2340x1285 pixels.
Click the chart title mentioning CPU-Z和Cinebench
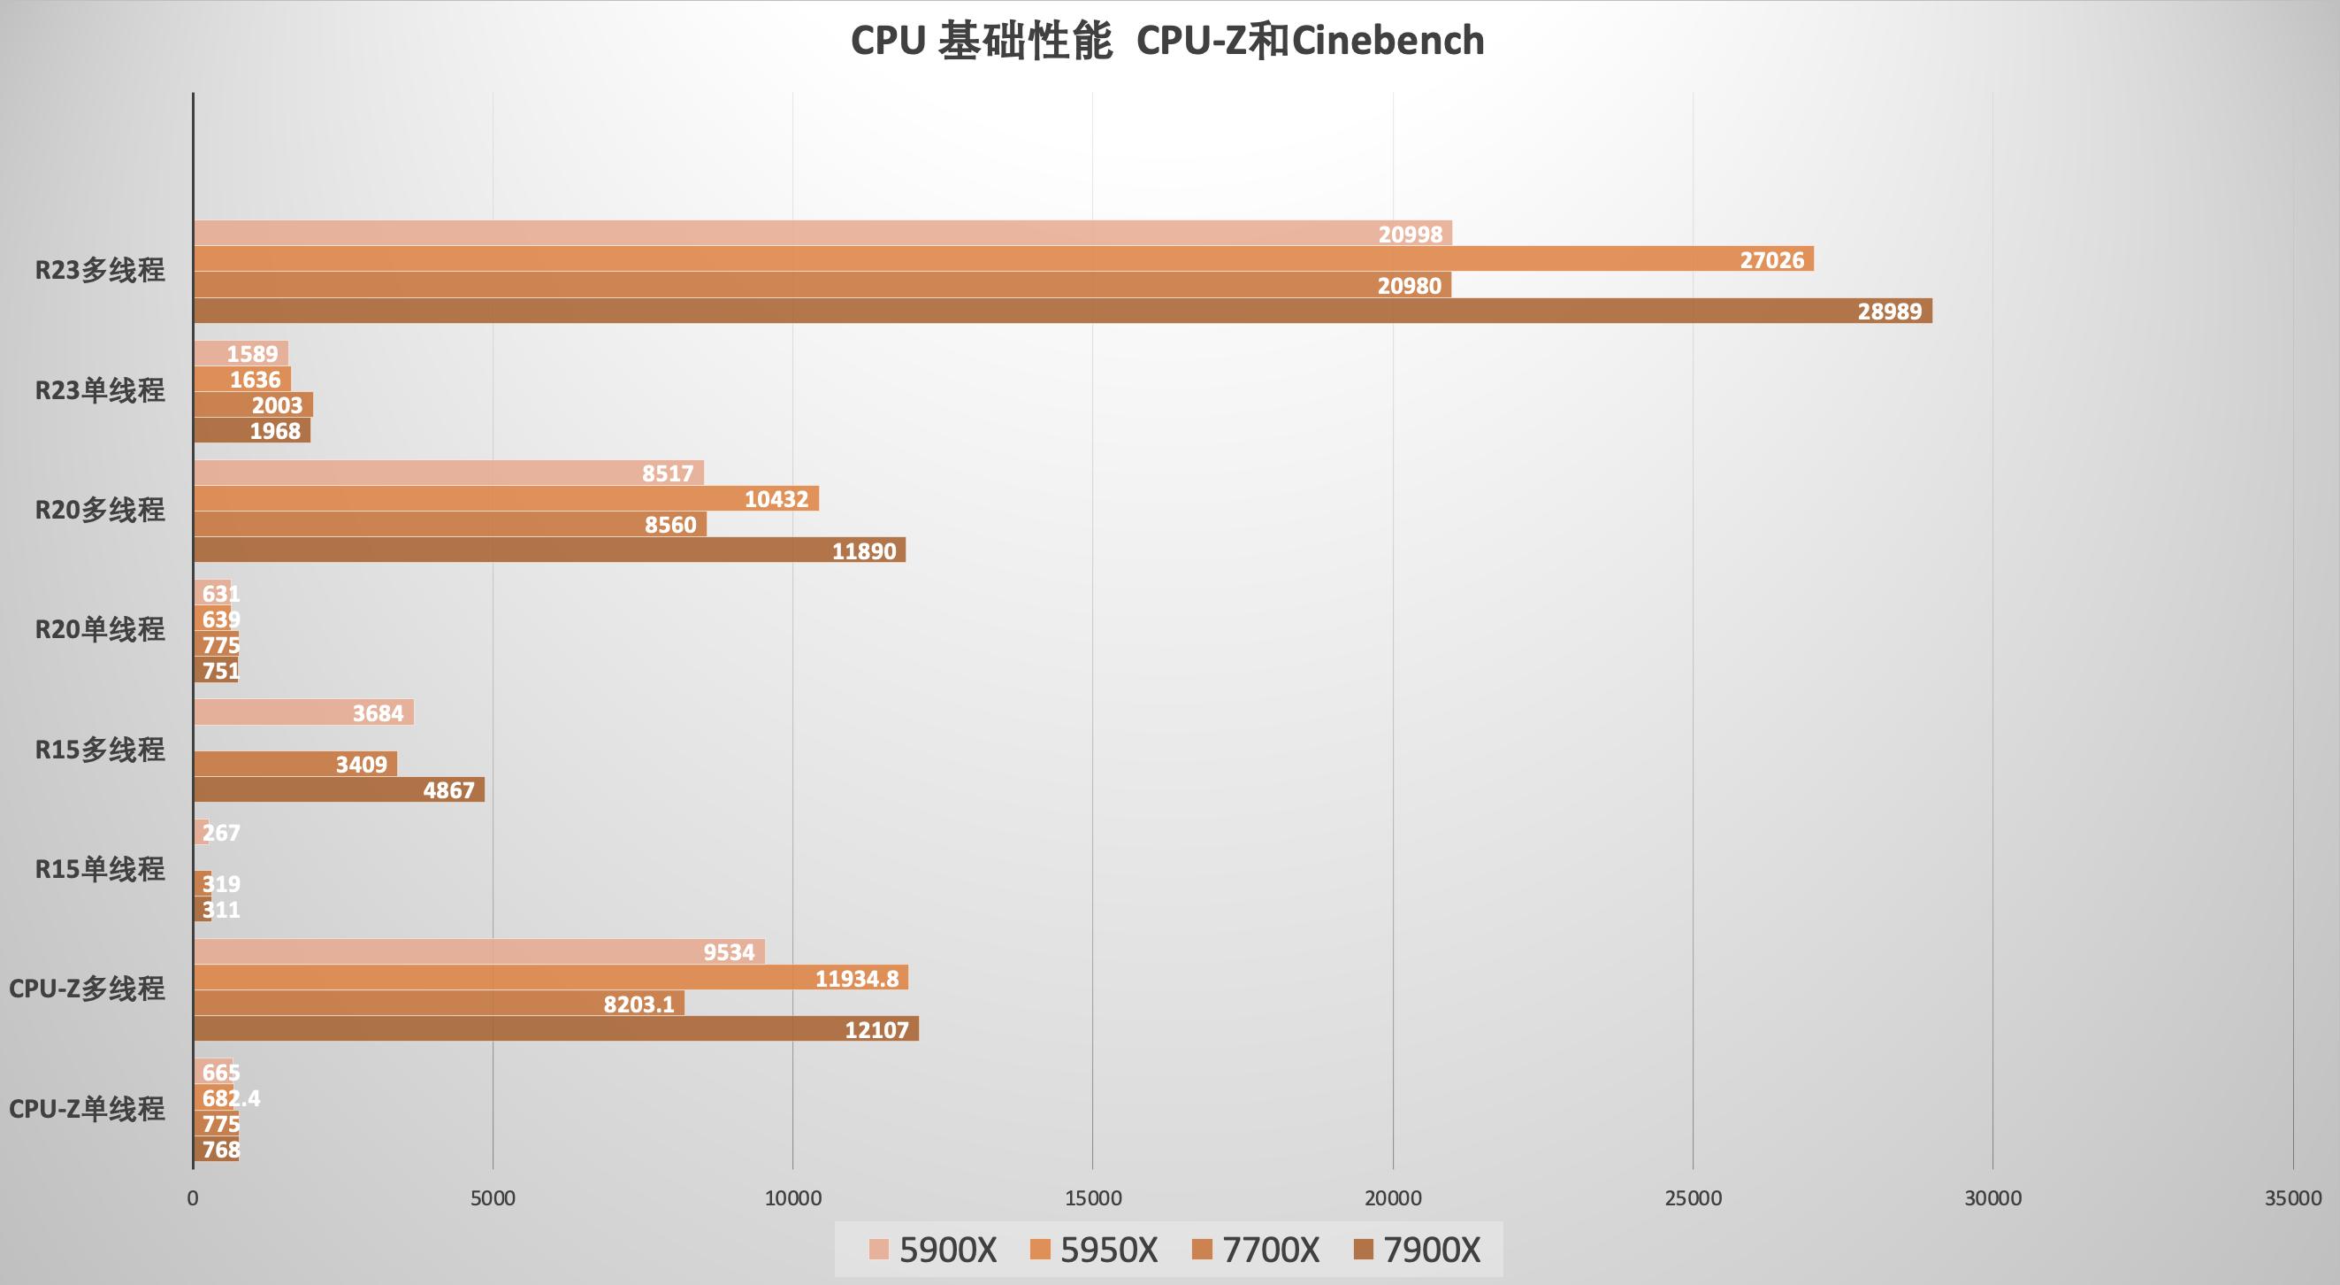tap(1167, 42)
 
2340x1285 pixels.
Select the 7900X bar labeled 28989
tap(1063, 311)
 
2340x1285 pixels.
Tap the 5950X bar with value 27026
tap(1004, 259)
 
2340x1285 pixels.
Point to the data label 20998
tap(1410, 235)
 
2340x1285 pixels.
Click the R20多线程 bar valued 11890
tap(549, 550)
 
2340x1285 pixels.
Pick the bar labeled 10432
tap(506, 498)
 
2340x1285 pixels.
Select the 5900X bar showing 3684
tap(303, 712)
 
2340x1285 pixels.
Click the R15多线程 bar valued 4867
tap(339, 789)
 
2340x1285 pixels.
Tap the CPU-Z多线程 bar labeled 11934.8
tap(550, 978)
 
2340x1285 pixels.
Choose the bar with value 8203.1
tap(439, 1004)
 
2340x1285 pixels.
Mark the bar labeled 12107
tap(556, 1028)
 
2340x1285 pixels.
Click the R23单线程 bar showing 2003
tap(253, 404)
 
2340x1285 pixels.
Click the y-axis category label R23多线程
tap(100, 271)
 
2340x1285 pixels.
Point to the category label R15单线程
tap(100, 870)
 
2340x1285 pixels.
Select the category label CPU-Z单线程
tap(88, 1109)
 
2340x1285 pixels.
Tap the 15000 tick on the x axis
tap(1093, 1197)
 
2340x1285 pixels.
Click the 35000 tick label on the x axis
tap(2292, 1197)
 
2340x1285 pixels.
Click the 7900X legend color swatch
tap(1363, 1250)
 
